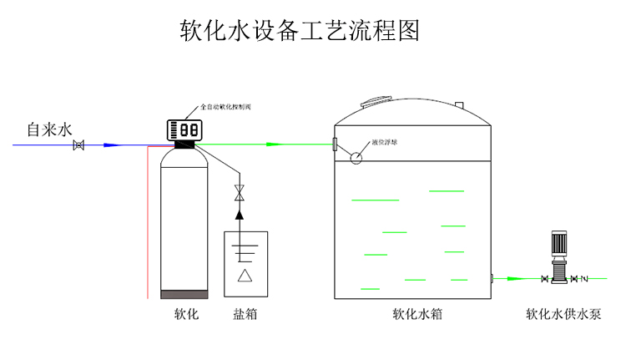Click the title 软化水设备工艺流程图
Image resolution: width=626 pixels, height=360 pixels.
click(299, 31)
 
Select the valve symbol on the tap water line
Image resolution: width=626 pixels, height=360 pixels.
click(79, 145)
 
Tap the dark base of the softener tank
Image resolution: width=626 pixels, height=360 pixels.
click(184, 293)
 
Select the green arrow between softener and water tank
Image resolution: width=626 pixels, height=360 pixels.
click(272, 145)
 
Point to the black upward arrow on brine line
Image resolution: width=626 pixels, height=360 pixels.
click(240, 215)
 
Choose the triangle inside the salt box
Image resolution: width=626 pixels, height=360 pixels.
click(245, 276)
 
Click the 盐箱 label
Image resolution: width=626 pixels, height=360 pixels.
click(245, 315)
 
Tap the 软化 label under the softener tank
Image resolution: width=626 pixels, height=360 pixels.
click(185, 315)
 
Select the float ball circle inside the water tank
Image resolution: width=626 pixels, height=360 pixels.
click(356, 156)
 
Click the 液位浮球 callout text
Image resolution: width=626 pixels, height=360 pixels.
click(385, 143)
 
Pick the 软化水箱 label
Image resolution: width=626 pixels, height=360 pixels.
click(416, 315)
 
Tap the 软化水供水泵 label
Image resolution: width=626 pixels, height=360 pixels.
click(563, 315)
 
